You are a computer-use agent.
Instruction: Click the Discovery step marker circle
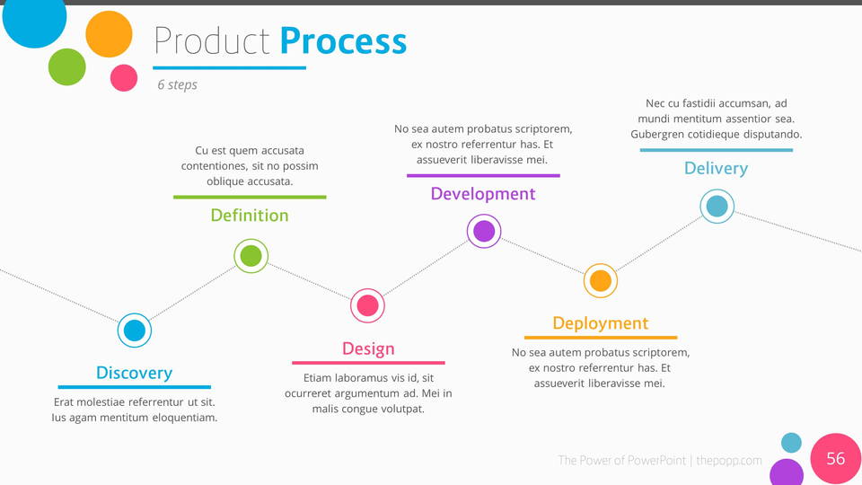(134, 331)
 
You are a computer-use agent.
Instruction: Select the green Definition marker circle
(251, 256)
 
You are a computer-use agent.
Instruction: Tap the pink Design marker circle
(367, 305)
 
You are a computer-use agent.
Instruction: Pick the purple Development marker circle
(484, 231)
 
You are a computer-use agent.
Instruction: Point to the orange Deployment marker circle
(600, 281)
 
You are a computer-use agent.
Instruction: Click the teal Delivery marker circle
(717, 207)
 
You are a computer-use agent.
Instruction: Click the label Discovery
(134, 373)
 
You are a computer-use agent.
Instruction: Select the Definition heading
(250, 216)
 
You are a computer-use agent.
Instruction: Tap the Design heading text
(368, 348)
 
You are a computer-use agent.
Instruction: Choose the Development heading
(483, 194)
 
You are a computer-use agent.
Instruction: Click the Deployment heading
(600, 323)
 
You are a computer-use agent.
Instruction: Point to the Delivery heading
(716, 169)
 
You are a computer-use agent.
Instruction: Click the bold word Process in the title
(343, 41)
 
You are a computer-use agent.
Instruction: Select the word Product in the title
(212, 41)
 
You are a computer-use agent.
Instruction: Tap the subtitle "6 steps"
(177, 85)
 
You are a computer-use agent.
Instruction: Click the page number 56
(835, 459)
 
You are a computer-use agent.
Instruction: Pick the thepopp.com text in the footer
(729, 461)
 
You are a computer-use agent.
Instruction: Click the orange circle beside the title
(109, 34)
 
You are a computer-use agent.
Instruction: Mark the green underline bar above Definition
(250, 197)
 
